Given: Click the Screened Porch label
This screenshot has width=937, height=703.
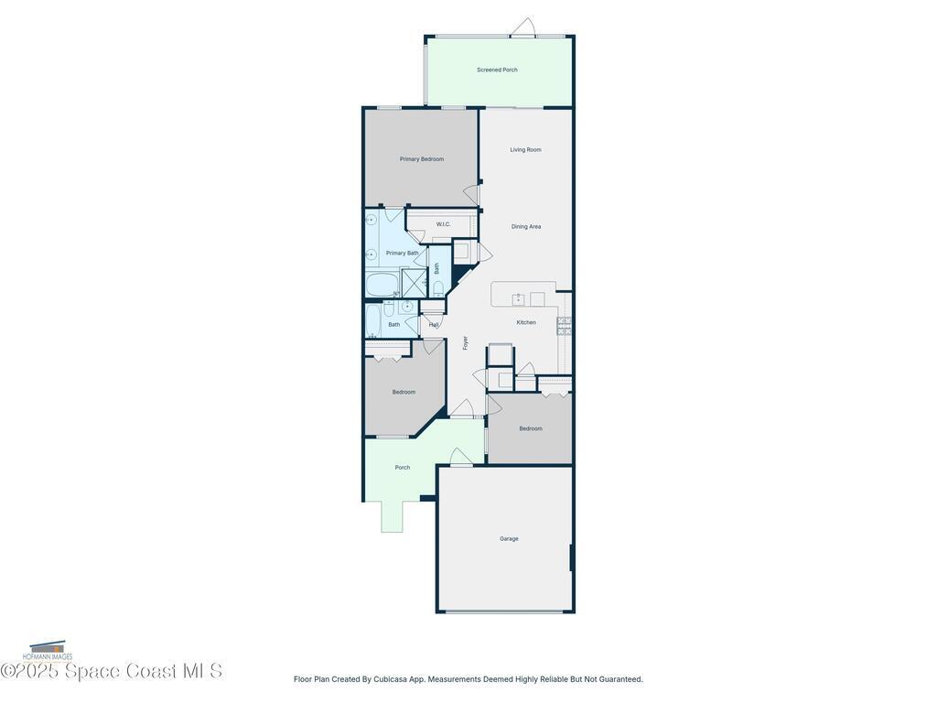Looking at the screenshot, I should point(497,70).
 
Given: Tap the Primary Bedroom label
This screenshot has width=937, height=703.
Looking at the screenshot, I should point(421,159).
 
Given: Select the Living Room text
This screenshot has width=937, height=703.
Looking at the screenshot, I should point(525,150).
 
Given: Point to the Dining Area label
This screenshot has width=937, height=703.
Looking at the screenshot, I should point(525,227).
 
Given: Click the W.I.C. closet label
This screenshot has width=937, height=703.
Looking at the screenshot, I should point(443,224).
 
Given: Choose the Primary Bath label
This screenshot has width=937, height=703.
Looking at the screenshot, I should point(402,254).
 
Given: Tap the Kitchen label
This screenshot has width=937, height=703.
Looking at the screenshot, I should point(526,322).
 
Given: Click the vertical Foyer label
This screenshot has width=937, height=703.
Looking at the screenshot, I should point(465,342).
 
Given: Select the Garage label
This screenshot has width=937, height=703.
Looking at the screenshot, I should point(509,539).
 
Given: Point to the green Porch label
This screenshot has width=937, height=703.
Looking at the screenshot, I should point(403,468).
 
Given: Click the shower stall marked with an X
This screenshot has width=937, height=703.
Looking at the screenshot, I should point(415,283).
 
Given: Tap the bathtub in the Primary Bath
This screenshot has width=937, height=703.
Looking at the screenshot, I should point(382,285).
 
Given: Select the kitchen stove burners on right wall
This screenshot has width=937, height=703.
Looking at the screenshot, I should point(565,326).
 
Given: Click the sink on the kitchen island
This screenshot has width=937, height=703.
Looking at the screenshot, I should point(518,298).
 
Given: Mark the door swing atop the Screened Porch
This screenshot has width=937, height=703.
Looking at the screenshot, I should point(522,27).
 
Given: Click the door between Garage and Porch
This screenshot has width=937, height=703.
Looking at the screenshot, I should point(461,458).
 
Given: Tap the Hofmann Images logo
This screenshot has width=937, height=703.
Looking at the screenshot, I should point(48,652).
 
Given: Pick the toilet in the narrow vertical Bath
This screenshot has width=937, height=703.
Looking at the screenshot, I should point(438,288).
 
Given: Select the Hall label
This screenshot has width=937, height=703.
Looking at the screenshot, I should point(434,324).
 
